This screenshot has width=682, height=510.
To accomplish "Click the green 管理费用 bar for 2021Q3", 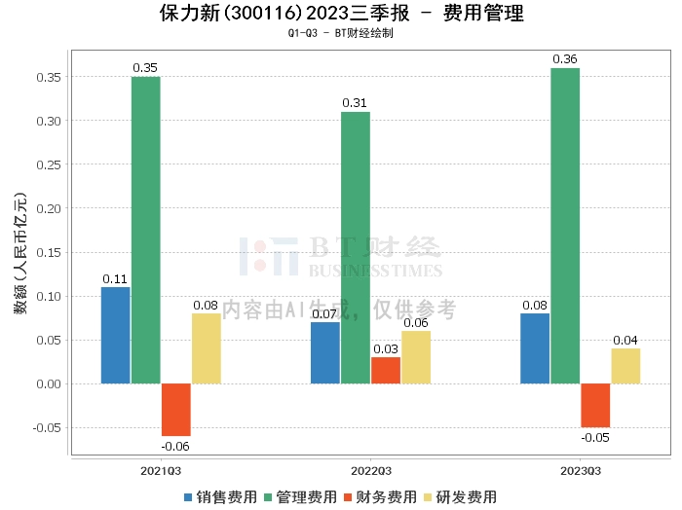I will [146, 230].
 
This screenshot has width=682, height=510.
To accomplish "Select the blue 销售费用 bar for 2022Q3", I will [325, 352].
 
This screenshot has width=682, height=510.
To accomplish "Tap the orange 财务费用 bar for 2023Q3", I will [595, 405].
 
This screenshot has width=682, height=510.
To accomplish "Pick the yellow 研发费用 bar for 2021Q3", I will [207, 348].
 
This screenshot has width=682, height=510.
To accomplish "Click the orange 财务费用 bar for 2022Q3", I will [386, 370].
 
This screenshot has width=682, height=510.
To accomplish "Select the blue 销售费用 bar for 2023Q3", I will [535, 348].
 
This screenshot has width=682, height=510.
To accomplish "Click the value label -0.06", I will [176, 446].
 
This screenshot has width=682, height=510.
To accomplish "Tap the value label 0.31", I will [356, 102].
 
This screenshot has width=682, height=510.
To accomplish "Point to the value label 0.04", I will [625, 340].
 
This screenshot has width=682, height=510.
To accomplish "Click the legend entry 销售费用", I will [219, 497].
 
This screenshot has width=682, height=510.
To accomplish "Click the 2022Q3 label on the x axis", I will [370, 471].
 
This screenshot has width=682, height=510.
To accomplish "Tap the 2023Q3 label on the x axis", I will [580, 471].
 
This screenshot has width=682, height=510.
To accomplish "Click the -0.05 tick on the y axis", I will [47, 427].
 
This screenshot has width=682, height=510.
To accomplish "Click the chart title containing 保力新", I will [341, 14].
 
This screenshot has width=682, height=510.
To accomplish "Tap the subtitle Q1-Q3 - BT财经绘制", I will [341, 34].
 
